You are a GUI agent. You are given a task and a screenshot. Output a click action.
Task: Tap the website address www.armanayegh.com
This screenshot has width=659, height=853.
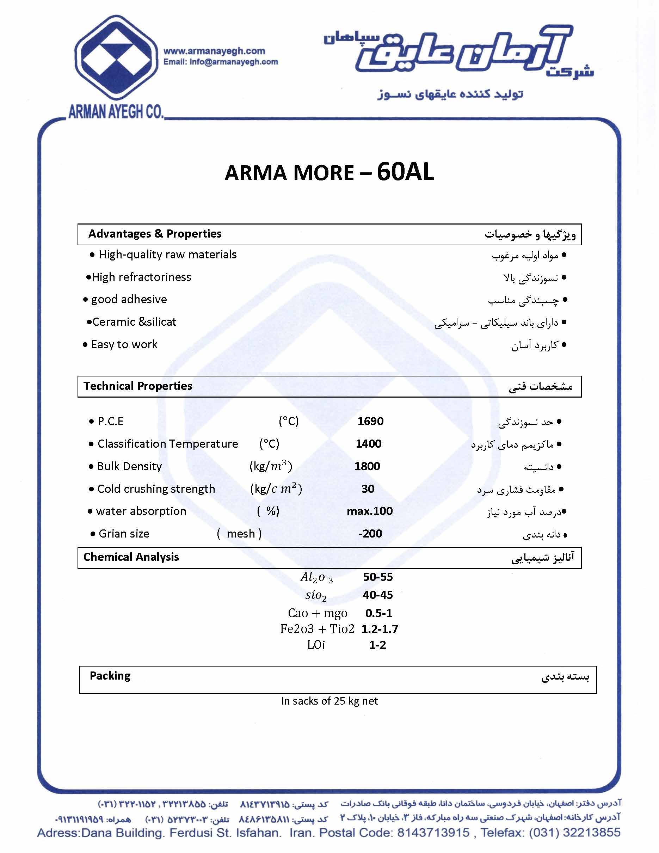pyautogui.click(x=214, y=51)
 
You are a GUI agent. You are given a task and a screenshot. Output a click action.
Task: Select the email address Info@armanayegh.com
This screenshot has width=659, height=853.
pyautogui.click(x=233, y=62)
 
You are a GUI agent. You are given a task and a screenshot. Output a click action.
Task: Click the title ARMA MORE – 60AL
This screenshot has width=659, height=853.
pyautogui.click(x=329, y=172)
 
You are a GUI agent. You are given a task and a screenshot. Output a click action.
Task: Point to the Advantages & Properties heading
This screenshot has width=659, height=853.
pyautogui.click(x=155, y=234)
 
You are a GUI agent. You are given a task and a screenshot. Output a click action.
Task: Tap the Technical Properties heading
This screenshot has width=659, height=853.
pyautogui.click(x=138, y=386)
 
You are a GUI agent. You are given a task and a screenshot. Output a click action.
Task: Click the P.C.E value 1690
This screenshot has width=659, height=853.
pyautogui.click(x=370, y=421)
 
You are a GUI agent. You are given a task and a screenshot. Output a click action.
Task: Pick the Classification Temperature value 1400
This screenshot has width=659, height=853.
pyautogui.click(x=369, y=444)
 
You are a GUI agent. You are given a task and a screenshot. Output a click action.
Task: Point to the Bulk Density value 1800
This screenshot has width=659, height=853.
pyautogui.click(x=367, y=466)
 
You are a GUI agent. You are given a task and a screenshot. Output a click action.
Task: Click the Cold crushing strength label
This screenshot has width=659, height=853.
pyautogui.click(x=156, y=489)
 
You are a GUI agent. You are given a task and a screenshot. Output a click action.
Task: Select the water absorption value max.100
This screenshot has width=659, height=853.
pyautogui.click(x=370, y=511)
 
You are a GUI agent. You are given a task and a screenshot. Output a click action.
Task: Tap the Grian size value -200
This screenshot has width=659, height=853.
pyautogui.click(x=370, y=534)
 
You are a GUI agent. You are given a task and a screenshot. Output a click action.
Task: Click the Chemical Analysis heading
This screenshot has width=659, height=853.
pyautogui.click(x=131, y=557)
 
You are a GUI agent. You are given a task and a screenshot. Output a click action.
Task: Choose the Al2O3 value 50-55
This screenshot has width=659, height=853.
pyautogui.click(x=377, y=577)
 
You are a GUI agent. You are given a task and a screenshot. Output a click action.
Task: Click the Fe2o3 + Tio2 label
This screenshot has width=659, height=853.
pyautogui.click(x=317, y=629)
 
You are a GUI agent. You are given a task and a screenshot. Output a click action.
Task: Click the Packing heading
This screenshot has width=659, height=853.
pyautogui.click(x=110, y=676)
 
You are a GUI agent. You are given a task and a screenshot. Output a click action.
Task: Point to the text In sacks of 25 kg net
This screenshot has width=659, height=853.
pyautogui.click(x=329, y=701)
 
